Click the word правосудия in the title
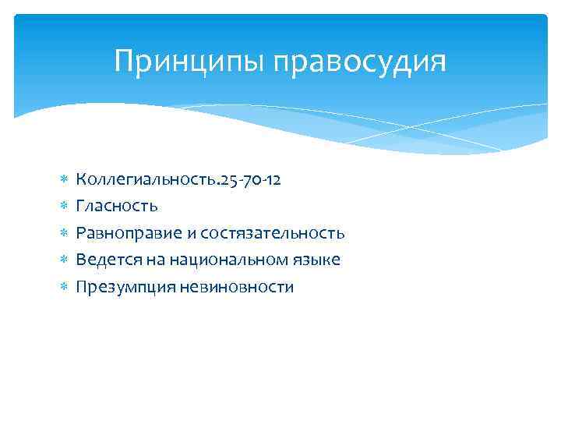tap(360, 62)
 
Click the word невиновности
tap(236, 287)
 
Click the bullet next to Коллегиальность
tap(64, 180)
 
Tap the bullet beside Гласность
tap(64, 207)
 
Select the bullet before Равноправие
tap(64, 233)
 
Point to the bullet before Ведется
tap(64, 260)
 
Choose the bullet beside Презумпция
tap(64, 287)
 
